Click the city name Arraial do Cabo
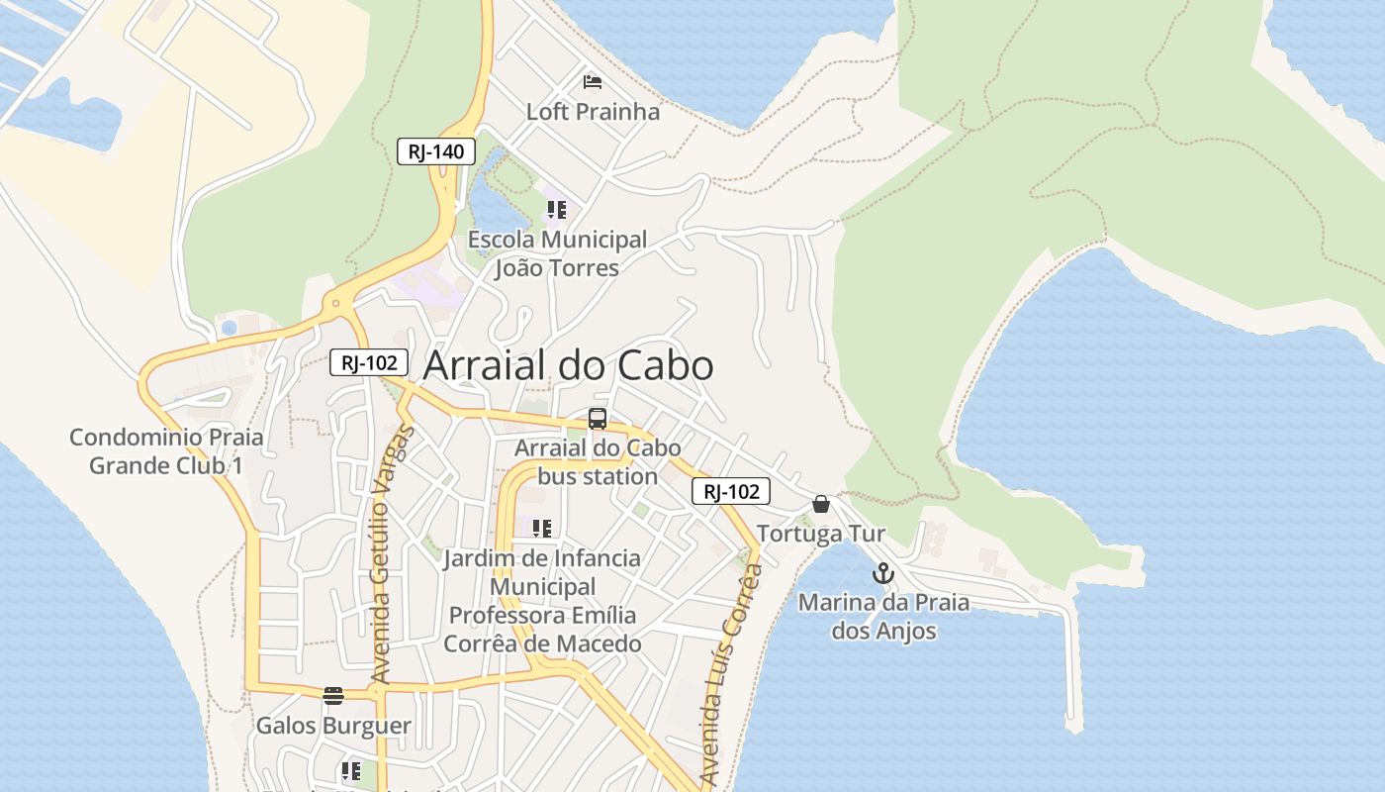(x=568, y=366)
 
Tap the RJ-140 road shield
(x=436, y=152)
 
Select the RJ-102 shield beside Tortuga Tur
(x=730, y=491)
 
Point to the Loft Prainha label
(x=593, y=112)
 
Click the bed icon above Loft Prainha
(x=593, y=81)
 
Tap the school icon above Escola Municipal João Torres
(x=557, y=210)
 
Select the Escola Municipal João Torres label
(x=557, y=253)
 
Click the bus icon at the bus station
(x=598, y=419)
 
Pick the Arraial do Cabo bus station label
(x=598, y=461)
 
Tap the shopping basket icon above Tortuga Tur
(x=820, y=504)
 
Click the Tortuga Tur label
(x=821, y=535)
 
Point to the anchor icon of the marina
(x=882, y=573)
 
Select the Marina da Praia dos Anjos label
(x=883, y=616)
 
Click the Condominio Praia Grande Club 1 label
(x=166, y=451)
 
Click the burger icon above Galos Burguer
(x=333, y=695)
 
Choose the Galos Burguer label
(x=333, y=726)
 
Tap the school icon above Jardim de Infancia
(x=541, y=529)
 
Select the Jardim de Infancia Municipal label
(x=542, y=601)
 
